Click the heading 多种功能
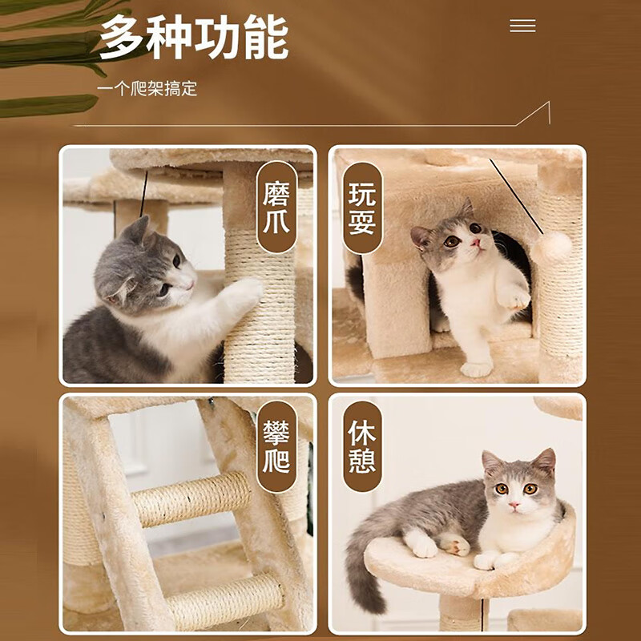tap(193, 38)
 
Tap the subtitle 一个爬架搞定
tap(147, 88)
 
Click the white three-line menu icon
tap(522, 26)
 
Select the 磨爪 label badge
tap(276, 208)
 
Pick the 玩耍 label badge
tap(362, 208)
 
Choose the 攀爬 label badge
tap(276, 446)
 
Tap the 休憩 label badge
tap(362, 446)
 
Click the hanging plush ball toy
tap(552, 245)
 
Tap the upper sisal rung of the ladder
tap(192, 497)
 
